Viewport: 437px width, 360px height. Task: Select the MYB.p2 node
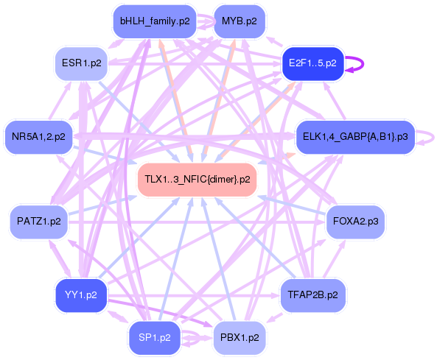239,21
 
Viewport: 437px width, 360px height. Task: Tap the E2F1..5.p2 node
312,63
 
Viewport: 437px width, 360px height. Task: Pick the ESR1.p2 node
82,63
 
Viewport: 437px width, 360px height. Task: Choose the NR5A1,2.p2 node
38,136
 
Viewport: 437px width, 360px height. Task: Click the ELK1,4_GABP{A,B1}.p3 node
355,136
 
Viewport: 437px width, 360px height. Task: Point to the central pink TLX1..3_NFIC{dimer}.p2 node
197,179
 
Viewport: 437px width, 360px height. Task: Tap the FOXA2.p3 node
356,221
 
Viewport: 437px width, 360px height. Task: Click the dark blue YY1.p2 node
81,295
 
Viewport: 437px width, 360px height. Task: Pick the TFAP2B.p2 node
312,295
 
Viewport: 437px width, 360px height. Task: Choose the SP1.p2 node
155,337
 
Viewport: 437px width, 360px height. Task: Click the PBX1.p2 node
239,337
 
